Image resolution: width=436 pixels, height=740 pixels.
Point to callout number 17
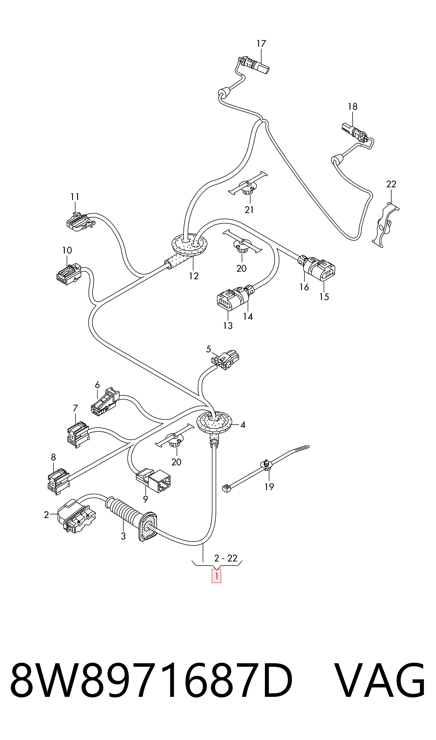tap(261, 43)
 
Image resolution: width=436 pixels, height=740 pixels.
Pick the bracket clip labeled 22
tap(385, 225)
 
